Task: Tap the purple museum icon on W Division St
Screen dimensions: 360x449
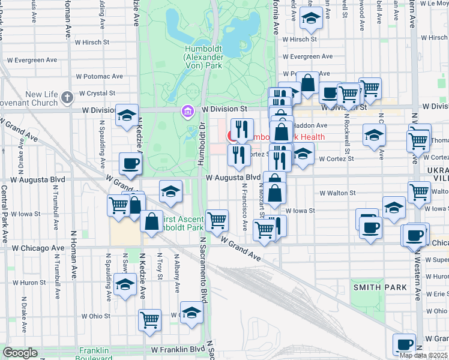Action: pyautogui.click(x=187, y=111)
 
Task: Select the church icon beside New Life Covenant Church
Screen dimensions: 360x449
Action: pyautogui.click(x=67, y=96)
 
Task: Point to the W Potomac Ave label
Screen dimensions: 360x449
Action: pyautogui.click(x=99, y=77)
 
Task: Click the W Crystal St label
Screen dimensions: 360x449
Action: pyautogui.click(x=95, y=94)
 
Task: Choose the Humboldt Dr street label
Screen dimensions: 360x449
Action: pyautogui.click(x=202, y=145)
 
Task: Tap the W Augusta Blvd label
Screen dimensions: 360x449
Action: pyautogui.click(x=234, y=178)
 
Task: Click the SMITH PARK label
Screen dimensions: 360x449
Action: pyautogui.click(x=380, y=287)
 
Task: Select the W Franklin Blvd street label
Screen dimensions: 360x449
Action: pyautogui.click(x=178, y=349)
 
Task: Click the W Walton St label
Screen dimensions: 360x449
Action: pyautogui.click(x=338, y=193)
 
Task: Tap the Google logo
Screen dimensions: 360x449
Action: pyautogui.click(x=20, y=353)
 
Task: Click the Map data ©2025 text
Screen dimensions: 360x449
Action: pyautogui.click(x=424, y=355)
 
